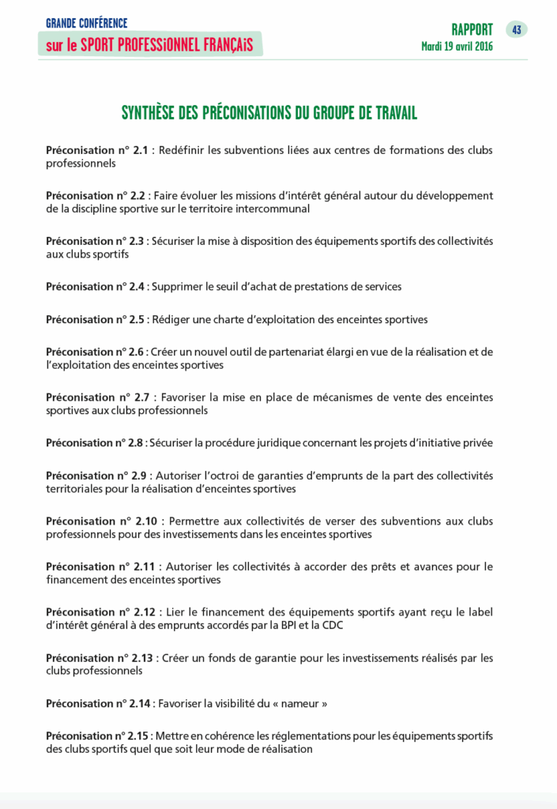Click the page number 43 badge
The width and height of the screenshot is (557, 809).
(x=516, y=30)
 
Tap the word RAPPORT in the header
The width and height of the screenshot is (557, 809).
(x=472, y=30)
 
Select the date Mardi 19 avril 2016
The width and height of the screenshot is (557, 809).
(x=457, y=47)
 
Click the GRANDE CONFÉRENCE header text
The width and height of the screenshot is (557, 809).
(x=86, y=24)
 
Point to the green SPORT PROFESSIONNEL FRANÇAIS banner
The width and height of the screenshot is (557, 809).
(x=149, y=45)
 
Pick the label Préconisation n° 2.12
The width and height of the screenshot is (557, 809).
(x=100, y=612)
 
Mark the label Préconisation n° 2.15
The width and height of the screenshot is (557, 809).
(x=100, y=736)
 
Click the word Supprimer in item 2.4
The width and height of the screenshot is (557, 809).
(x=175, y=287)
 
